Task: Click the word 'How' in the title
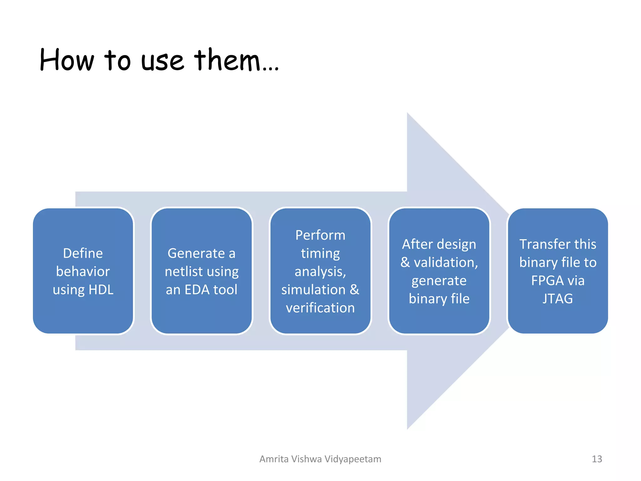(x=67, y=60)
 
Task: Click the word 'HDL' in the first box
(x=101, y=290)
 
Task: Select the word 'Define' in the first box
(x=83, y=253)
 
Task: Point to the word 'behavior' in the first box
(x=83, y=272)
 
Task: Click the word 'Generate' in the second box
(x=196, y=253)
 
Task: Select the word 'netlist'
(x=184, y=272)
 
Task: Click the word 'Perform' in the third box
(x=320, y=235)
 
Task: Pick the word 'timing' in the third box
(x=320, y=253)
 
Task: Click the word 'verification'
(x=320, y=308)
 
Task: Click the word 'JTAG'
(x=558, y=299)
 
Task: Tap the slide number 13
(x=597, y=459)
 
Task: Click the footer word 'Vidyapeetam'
(x=353, y=459)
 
